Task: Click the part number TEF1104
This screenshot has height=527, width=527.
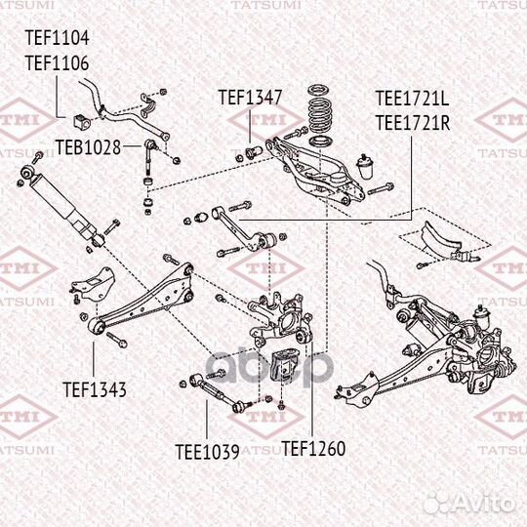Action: click(x=57, y=39)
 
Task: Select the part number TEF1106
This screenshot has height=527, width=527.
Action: click(x=57, y=62)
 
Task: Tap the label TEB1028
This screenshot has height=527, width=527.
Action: click(x=88, y=147)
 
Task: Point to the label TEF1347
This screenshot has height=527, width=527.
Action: click(x=250, y=98)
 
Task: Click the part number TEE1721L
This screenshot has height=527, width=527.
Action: click(x=412, y=100)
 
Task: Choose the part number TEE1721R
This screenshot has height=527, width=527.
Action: click(x=412, y=122)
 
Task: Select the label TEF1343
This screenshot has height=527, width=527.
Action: click(x=95, y=389)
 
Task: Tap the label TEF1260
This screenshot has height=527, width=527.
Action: click(x=313, y=450)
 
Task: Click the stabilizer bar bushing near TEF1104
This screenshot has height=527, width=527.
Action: click(x=80, y=122)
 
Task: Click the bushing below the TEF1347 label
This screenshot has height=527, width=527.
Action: click(x=249, y=149)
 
